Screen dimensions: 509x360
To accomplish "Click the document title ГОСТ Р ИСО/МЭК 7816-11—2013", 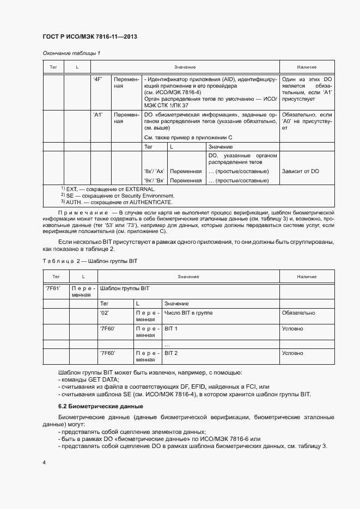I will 89,37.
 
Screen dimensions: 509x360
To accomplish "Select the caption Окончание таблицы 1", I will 71,53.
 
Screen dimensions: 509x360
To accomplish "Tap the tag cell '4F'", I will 98,79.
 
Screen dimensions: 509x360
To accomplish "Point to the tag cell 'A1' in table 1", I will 98,115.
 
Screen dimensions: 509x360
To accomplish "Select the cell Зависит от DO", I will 301,171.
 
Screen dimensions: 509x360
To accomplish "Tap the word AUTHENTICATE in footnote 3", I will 141,202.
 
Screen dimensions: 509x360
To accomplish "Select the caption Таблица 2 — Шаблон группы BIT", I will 90,261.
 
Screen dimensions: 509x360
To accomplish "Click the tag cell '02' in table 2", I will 105,313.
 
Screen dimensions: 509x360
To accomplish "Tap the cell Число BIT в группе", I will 188,313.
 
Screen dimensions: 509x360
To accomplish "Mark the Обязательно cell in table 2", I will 298,313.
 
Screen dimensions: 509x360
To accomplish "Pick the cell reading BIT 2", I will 172,353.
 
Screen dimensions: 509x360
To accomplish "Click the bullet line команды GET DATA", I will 89,379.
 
